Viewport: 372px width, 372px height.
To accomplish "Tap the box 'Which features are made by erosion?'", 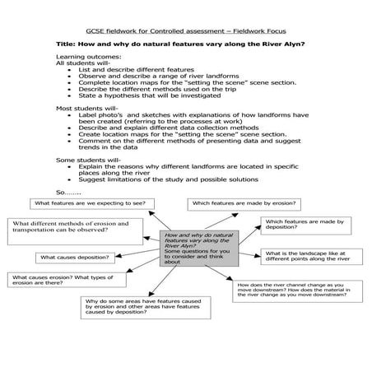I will [x=244, y=202].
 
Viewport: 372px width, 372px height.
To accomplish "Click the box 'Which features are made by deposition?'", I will [x=303, y=226].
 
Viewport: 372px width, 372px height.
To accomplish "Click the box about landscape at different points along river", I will [x=312, y=258].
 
